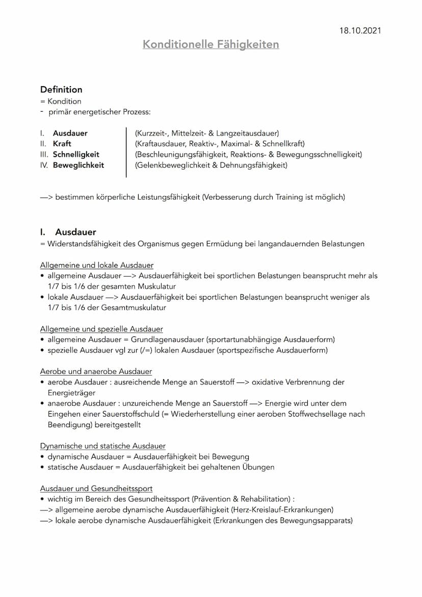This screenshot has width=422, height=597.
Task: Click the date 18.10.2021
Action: [360, 31]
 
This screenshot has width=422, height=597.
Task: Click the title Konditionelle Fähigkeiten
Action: [210, 44]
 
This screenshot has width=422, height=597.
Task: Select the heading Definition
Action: [61, 89]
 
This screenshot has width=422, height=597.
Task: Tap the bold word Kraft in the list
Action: [62, 144]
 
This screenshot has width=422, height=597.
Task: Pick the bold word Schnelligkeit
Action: [76, 154]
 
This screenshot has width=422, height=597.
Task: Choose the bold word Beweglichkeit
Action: [78, 165]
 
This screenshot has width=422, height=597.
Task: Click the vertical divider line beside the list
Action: [126, 153]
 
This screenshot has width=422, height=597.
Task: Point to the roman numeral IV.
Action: [44, 165]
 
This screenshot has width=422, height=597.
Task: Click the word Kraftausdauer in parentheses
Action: [161, 144]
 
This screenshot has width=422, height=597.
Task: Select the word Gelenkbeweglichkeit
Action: [173, 165]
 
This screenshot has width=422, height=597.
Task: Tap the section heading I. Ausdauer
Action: [68, 232]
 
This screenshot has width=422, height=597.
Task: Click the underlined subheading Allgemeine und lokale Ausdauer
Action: [97, 265]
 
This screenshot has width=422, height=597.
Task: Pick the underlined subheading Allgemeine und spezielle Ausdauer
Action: [101, 329]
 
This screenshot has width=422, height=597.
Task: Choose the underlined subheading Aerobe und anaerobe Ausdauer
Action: [96, 371]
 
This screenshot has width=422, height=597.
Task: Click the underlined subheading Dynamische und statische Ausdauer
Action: [102, 446]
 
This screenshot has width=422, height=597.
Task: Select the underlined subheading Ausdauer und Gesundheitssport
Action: [96, 488]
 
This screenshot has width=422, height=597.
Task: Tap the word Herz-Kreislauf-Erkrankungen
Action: [282, 510]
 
